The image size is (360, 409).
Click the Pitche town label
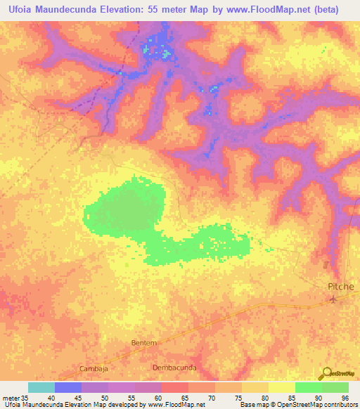pos(341,287)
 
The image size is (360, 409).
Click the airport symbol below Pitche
pos(334,299)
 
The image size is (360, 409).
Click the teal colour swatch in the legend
pos(41,387)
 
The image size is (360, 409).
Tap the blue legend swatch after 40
pos(68,387)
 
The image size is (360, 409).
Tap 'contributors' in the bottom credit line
pos(337,404)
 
